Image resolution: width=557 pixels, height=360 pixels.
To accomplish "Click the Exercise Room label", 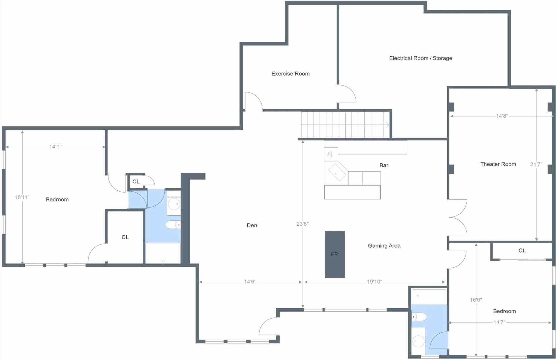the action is pyautogui.click(x=291, y=74).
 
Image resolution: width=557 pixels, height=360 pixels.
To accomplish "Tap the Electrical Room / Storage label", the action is pyautogui.click(x=421, y=58).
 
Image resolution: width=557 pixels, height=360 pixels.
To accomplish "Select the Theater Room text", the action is pyautogui.click(x=498, y=164).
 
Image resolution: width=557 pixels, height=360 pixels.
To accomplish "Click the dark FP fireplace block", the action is pyautogui.click(x=335, y=254).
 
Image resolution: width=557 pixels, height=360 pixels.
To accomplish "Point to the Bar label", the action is pyautogui.click(x=384, y=165).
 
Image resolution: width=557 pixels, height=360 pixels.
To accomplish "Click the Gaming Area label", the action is pyautogui.click(x=384, y=246).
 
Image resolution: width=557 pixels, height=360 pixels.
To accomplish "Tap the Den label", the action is pyautogui.click(x=252, y=225).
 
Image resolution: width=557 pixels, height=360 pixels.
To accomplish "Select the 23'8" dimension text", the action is pyautogui.click(x=303, y=224).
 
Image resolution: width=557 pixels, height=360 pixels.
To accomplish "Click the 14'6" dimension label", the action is pyautogui.click(x=250, y=282).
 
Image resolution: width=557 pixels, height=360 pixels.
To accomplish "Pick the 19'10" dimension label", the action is pyautogui.click(x=375, y=282).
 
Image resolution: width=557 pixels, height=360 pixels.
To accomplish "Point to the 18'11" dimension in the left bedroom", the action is pyautogui.click(x=22, y=197).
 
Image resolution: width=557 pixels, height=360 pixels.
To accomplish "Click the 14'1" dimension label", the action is pyautogui.click(x=55, y=147).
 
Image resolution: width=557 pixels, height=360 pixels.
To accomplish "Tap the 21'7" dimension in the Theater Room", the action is pyautogui.click(x=536, y=164).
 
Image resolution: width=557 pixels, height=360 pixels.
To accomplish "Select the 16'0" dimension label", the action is pyautogui.click(x=476, y=300).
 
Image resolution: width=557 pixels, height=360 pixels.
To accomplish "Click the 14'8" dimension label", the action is pyautogui.click(x=502, y=116).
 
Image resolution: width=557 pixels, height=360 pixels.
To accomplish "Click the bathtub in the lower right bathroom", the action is pyautogui.click(x=429, y=296).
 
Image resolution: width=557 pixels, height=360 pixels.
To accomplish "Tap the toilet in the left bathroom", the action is pyautogui.click(x=173, y=225).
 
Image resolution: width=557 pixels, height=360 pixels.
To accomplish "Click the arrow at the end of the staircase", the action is pyautogui.click(x=388, y=125).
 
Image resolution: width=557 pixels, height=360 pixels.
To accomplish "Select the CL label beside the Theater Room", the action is pyautogui.click(x=522, y=251).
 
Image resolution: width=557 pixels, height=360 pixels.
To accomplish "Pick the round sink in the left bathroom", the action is pyautogui.click(x=174, y=204).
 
